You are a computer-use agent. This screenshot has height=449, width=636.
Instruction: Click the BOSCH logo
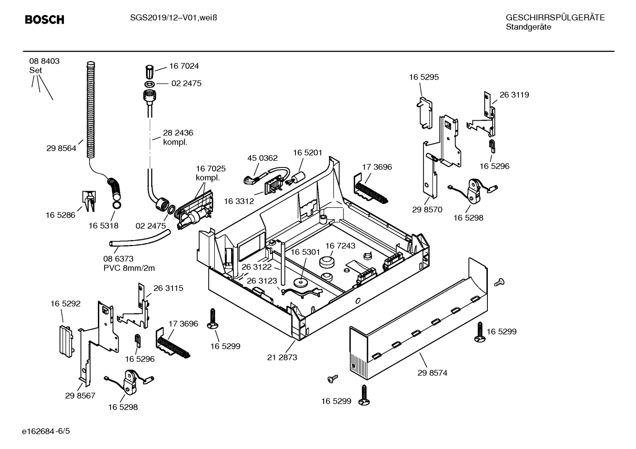tap(45, 19)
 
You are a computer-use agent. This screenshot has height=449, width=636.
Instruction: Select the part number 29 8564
tap(61, 148)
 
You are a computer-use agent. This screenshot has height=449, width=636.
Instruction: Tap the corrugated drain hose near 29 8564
tap(90, 110)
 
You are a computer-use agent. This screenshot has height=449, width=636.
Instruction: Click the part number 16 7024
tap(184, 66)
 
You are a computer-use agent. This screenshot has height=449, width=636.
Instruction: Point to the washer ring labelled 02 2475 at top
tap(150, 83)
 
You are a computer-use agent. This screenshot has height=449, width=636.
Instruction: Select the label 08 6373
tap(118, 259)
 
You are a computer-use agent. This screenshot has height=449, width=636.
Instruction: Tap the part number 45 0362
tap(262, 158)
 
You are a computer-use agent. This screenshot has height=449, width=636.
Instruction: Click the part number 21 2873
tap(282, 357)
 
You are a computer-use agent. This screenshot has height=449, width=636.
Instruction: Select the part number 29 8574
tap(432, 373)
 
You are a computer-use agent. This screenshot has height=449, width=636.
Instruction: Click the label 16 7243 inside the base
tap(340, 245)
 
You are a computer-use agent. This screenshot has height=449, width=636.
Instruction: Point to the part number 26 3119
tap(514, 95)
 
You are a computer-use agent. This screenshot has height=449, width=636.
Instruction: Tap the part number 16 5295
tap(423, 77)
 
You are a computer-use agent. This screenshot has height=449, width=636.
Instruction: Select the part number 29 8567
tap(80, 396)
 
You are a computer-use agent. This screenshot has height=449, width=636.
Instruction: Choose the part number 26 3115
tap(168, 288)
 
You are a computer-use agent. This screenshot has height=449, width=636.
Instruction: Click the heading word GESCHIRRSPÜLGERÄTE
tap(555, 18)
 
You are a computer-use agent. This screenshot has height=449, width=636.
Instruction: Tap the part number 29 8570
tap(427, 210)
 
